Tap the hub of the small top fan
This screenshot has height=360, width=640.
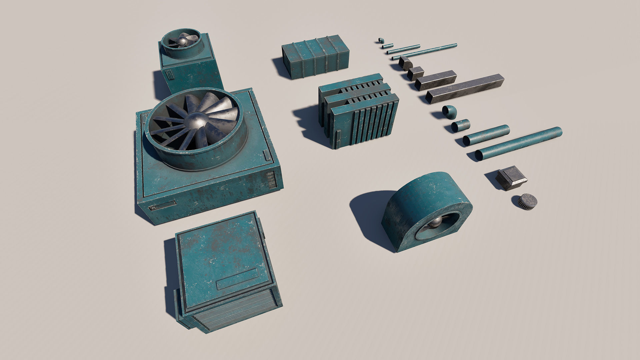(182, 41)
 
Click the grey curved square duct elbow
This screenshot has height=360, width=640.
(405, 63)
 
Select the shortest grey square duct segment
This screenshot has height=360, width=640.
(415, 73)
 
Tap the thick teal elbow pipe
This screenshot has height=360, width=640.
(449, 112)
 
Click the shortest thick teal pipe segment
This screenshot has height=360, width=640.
(461, 125)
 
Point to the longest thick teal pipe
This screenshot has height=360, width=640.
(518, 143)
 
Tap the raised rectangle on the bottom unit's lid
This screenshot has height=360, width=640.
(237, 279)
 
